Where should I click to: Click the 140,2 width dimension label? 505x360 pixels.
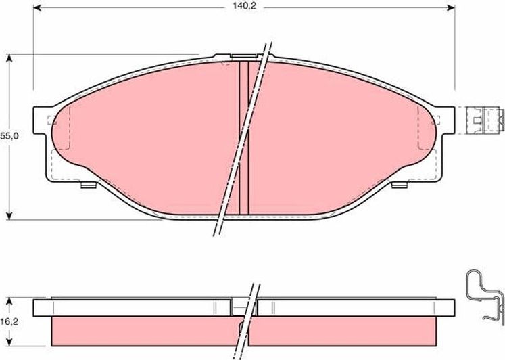245,7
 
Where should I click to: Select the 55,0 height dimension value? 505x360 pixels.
8,136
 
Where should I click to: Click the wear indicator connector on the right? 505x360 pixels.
485,120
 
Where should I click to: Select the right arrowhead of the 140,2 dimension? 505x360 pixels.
451,7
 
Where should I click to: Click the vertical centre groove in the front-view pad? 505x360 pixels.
245,135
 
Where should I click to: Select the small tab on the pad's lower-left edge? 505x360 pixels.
87,184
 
